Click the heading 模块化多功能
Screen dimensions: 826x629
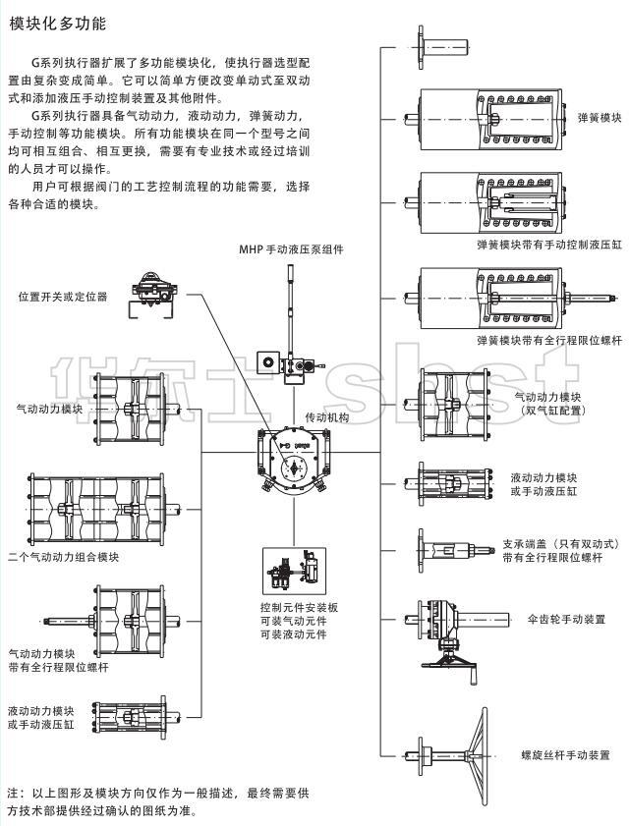tap(57, 23)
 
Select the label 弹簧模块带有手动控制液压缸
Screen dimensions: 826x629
tap(548, 243)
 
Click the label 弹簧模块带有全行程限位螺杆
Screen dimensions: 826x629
tap(548, 340)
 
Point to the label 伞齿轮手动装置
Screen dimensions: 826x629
tap(566, 620)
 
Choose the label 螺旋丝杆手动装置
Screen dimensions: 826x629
tap(564, 755)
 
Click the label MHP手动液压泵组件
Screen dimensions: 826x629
tap(292, 249)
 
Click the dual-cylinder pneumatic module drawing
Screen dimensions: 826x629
tap(454, 402)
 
